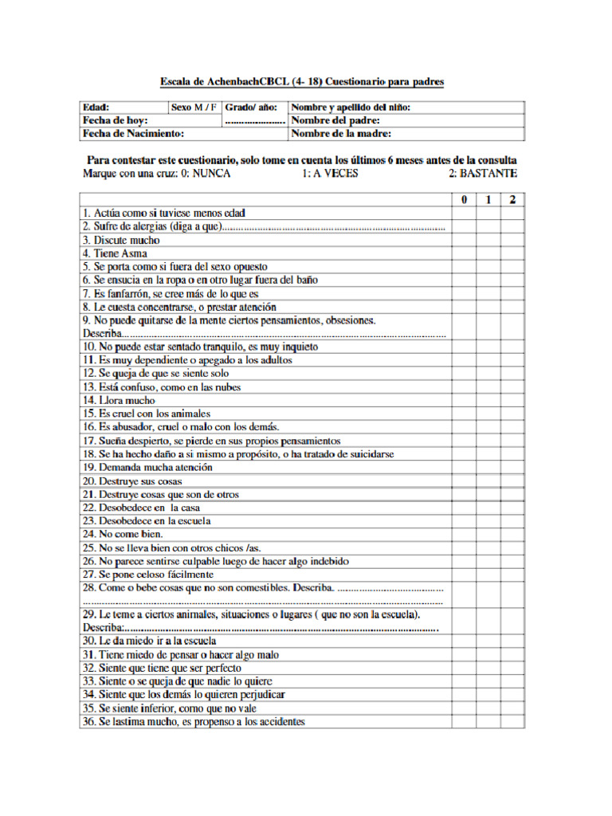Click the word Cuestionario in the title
point(357,81)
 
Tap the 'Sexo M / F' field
point(194,107)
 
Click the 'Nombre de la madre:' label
point(341,134)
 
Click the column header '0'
point(464,199)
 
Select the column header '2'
point(512,199)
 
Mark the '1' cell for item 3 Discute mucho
point(488,240)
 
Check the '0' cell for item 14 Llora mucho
point(464,400)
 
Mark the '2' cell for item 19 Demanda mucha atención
point(512,467)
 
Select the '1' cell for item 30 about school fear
point(488,641)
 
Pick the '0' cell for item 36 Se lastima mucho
point(464,722)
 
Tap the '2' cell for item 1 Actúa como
point(512,213)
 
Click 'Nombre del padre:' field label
point(335,120)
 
